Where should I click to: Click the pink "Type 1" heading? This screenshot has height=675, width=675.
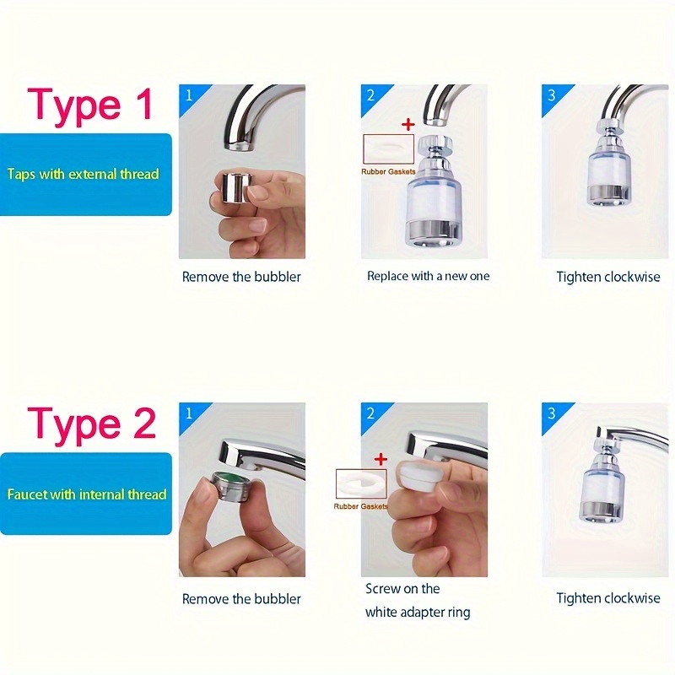click(90, 105)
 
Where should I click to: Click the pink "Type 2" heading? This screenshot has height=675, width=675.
click(91, 425)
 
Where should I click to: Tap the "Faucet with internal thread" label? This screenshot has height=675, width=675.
click(86, 494)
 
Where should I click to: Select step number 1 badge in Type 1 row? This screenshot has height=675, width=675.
click(188, 94)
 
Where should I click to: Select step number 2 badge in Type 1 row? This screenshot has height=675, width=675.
click(370, 94)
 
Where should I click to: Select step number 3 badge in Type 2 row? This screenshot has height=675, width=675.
click(552, 413)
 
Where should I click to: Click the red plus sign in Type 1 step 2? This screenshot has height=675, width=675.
click(408, 124)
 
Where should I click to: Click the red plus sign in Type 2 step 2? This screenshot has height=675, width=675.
click(381, 459)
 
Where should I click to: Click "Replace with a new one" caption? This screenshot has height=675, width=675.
click(428, 276)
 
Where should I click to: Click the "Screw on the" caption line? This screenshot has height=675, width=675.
click(402, 589)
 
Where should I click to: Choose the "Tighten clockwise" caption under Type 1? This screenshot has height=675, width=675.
click(607, 277)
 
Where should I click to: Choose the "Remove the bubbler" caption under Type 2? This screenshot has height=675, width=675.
click(241, 599)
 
